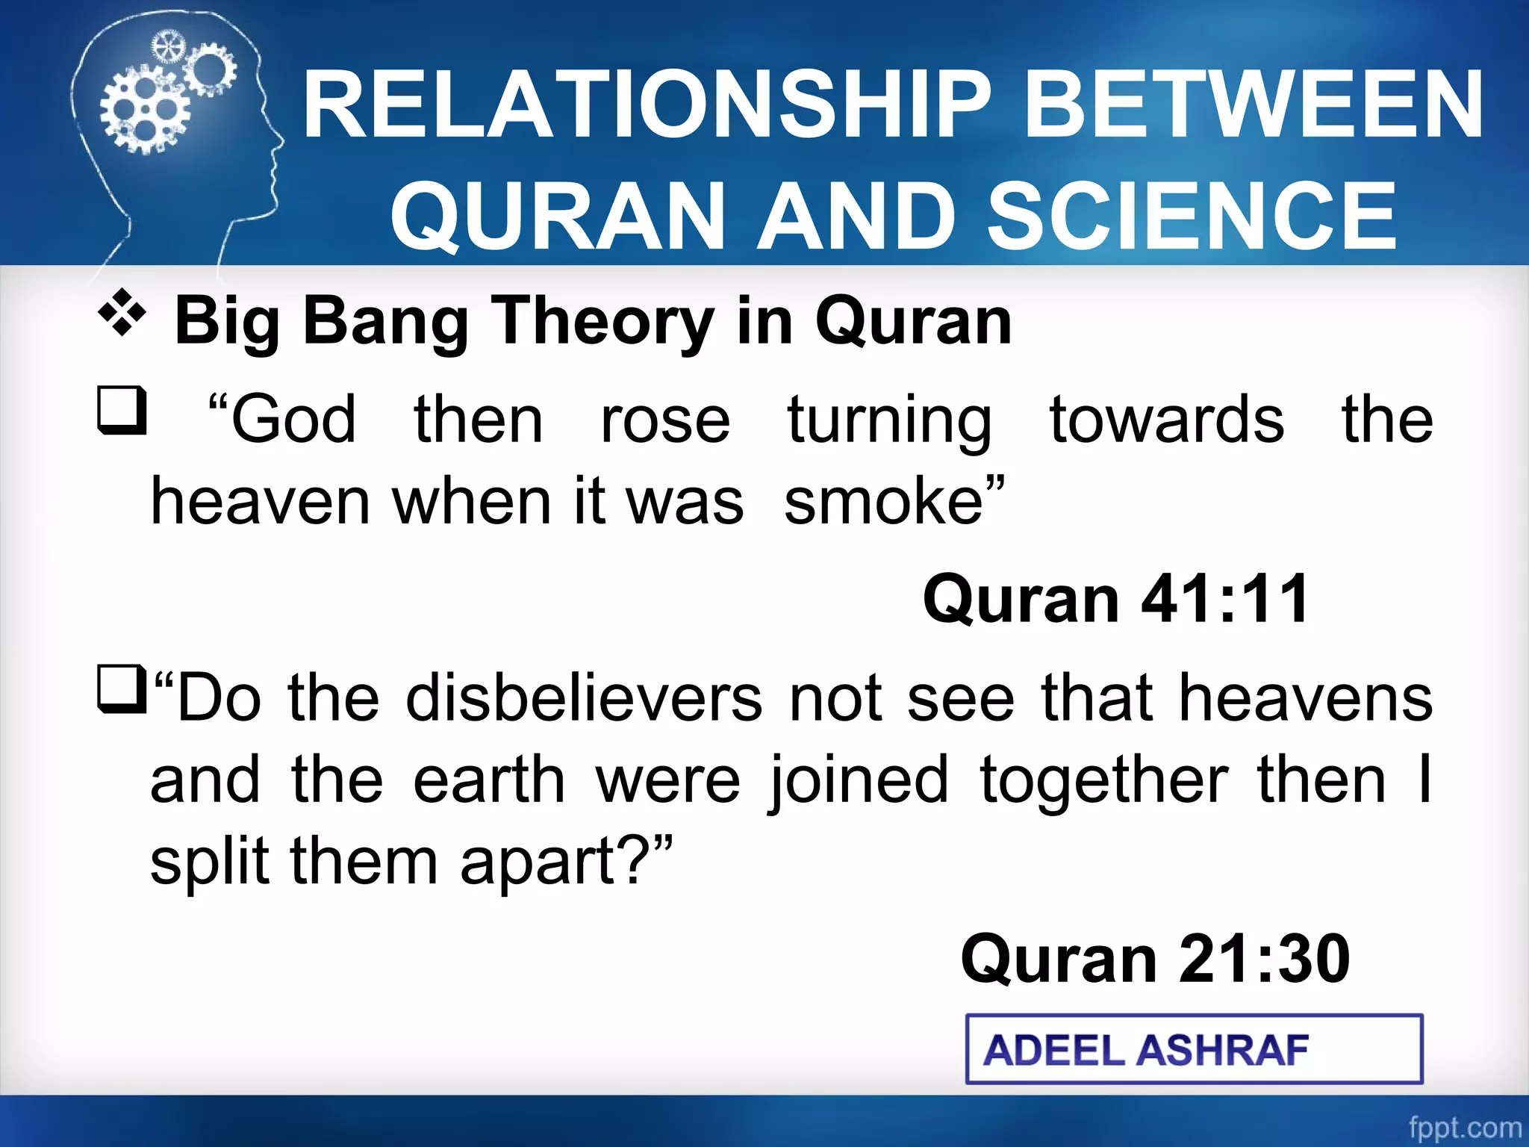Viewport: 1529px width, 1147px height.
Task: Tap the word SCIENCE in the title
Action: (x=1192, y=217)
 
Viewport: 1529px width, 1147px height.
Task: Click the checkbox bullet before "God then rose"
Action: (x=122, y=410)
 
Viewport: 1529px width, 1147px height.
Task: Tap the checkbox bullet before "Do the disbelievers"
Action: (x=122, y=689)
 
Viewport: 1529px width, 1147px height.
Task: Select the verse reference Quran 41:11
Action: (x=1115, y=599)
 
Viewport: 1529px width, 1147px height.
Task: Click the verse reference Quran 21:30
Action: (x=1154, y=959)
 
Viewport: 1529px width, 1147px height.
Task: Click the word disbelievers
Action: (x=583, y=698)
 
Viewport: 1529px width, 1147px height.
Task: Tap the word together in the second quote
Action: (x=1104, y=780)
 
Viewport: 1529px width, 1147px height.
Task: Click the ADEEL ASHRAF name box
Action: (x=1193, y=1049)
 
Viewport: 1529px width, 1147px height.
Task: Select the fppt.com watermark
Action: (x=1464, y=1127)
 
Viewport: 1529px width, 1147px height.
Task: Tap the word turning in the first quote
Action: (x=889, y=420)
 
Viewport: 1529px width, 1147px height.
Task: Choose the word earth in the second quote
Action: (x=489, y=780)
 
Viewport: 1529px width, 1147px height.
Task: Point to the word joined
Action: (x=859, y=780)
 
